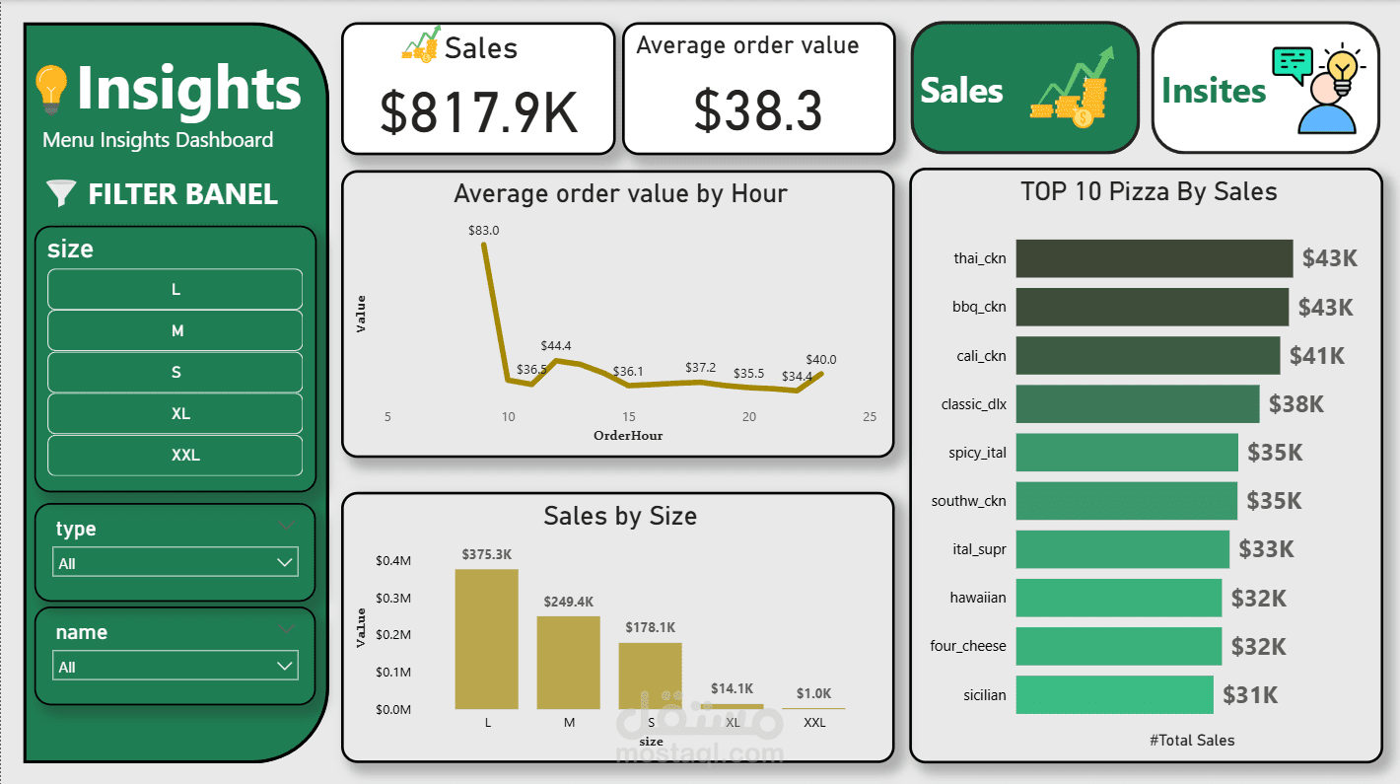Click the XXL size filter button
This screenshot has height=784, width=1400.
pyautogui.click(x=175, y=456)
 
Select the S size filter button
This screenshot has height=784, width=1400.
pyautogui.click(x=175, y=373)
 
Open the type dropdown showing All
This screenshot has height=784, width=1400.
pyautogui.click(x=175, y=563)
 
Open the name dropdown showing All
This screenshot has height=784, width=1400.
pyautogui.click(x=175, y=667)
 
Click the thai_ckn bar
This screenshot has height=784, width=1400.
pyautogui.click(x=1154, y=258)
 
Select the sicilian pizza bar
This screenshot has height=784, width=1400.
pyautogui.click(x=1114, y=695)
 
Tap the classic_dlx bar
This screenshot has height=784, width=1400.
pyautogui.click(x=1137, y=404)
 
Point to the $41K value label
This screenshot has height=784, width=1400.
pyautogui.click(x=1317, y=356)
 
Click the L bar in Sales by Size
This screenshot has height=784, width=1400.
pyautogui.click(x=487, y=639)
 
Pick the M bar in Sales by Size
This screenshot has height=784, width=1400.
pyautogui.click(x=569, y=663)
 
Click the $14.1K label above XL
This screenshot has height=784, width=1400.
pyautogui.click(x=733, y=688)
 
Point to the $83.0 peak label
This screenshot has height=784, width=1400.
pyautogui.click(x=483, y=231)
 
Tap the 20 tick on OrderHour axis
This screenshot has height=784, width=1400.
pyautogui.click(x=749, y=417)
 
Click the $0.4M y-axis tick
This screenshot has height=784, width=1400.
pyautogui.click(x=392, y=561)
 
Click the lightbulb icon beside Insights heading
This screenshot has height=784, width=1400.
pyautogui.click(x=50, y=89)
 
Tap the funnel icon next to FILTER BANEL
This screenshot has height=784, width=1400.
pyautogui.click(x=60, y=193)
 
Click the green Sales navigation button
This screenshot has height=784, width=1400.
pyautogui.click(x=1025, y=89)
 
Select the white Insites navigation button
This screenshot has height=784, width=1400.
pyautogui.click(x=1266, y=89)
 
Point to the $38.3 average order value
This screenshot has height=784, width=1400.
pyautogui.click(x=758, y=110)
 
